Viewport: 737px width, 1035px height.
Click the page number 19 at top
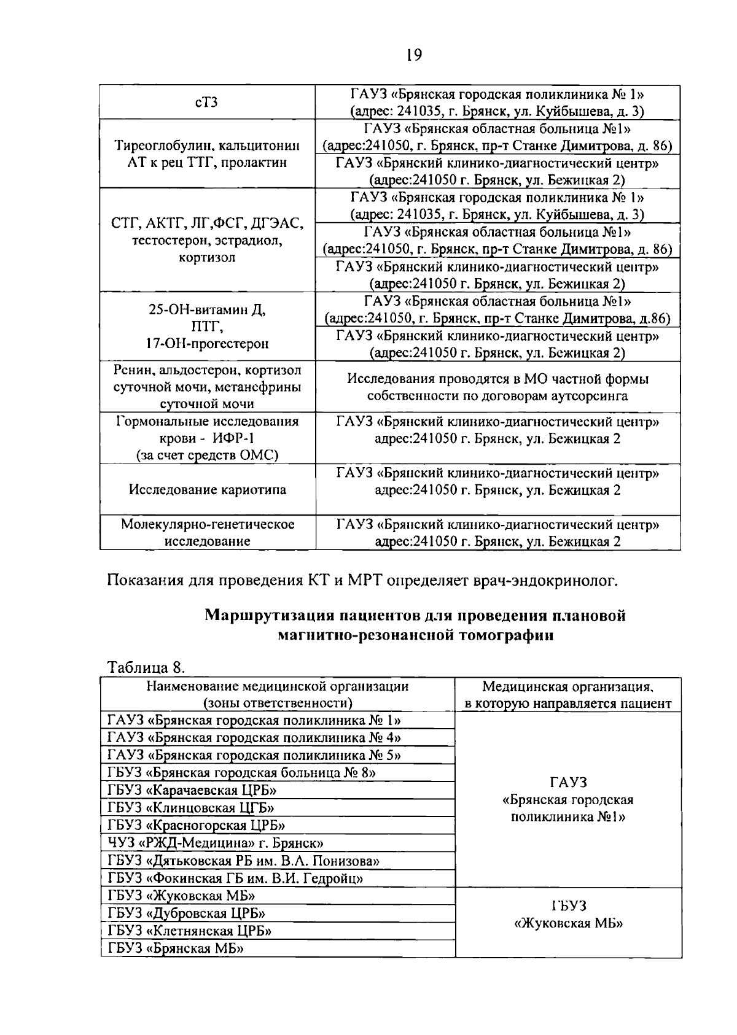(414, 55)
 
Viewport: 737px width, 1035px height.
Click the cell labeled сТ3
(207, 103)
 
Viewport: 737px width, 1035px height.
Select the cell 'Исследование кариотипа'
(207, 490)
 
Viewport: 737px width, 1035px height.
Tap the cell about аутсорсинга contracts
(497, 387)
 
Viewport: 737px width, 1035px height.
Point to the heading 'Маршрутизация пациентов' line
(415, 615)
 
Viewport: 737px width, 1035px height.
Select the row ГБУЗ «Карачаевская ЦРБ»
(192, 790)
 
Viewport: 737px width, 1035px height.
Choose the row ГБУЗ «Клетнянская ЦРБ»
(190, 931)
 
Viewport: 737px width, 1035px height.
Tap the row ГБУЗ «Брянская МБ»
(176, 948)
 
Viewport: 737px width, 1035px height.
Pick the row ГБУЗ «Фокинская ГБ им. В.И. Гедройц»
(235, 878)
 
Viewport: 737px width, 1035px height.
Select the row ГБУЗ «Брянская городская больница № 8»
(242, 772)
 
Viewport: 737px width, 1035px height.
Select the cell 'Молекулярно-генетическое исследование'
(207, 533)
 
